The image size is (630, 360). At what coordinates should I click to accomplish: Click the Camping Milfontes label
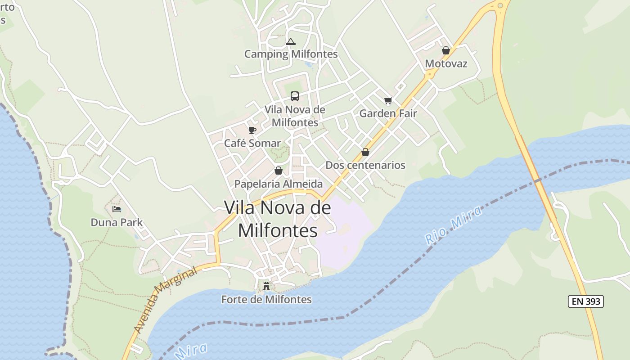coord(291,54)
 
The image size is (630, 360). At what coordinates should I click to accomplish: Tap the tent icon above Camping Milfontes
coord(291,42)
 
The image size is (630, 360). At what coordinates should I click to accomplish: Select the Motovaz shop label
coord(446,63)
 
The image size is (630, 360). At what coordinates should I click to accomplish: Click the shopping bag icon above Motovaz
coord(446,50)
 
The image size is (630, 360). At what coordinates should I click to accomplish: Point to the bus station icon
coord(295,96)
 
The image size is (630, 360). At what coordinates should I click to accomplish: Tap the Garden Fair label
coord(388,113)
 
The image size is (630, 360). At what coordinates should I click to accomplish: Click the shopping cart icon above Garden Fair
coord(388,101)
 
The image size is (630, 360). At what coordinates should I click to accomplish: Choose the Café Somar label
coord(252,143)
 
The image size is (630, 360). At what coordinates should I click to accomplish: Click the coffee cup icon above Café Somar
coord(252,130)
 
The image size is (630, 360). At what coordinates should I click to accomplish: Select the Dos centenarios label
coord(365,165)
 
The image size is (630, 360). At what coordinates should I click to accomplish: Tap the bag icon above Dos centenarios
coord(365,152)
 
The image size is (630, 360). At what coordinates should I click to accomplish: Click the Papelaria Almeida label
coord(279,184)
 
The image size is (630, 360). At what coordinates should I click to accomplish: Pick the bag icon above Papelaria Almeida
coord(279,171)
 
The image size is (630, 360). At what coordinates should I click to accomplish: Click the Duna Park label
coord(117,222)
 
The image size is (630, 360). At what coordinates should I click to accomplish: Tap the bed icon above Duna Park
coord(117,209)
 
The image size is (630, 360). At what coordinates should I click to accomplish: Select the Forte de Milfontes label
coord(266,299)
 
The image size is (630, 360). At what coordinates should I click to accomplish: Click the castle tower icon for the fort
coord(266,286)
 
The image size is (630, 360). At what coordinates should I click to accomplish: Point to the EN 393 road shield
coord(586,301)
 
